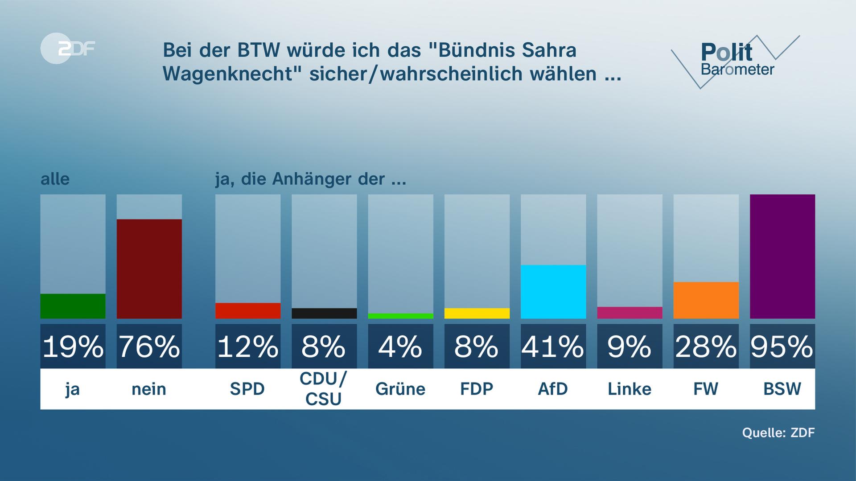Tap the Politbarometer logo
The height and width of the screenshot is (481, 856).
(736, 60)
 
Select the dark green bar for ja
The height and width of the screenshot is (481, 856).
(73, 306)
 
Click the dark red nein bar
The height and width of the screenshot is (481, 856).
(149, 269)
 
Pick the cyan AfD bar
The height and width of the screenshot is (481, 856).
(553, 292)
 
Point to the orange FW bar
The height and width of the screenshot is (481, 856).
(706, 300)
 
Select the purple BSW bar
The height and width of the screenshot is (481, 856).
(782, 257)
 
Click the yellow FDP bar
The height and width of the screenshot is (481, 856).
(477, 313)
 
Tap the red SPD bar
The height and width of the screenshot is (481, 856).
(248, 310)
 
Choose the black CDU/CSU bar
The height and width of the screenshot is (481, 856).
(324, 313)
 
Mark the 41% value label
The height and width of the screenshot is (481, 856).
(553, 346)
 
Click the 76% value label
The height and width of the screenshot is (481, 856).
(149, 346)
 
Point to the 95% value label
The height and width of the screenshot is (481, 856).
(782, 346)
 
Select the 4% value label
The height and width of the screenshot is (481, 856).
(400, 346)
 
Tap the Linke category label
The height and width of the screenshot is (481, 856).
(629, 389)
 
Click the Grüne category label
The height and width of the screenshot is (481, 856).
(400, 389)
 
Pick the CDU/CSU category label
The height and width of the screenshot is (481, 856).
(324, 389)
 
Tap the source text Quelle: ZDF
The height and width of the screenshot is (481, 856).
(778, 432)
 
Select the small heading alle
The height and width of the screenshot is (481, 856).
(55, 179)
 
